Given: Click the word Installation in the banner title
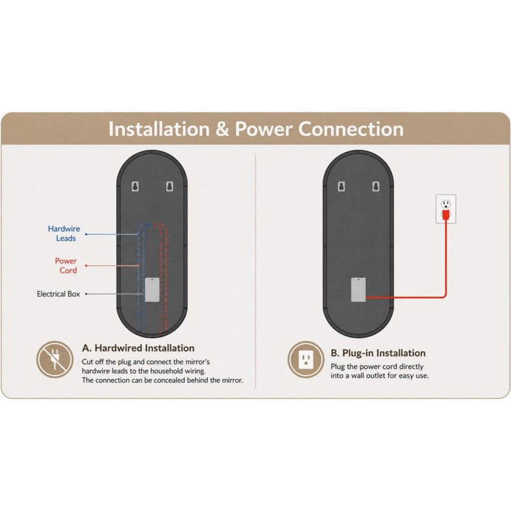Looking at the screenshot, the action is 159,129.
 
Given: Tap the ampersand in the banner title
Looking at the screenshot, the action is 222,129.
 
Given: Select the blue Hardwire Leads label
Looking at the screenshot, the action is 64,233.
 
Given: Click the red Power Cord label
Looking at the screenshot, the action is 66,265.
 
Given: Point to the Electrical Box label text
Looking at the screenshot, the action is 58,294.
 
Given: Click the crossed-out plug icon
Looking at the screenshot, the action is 54,360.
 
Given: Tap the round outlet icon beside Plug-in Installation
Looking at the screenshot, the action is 306,360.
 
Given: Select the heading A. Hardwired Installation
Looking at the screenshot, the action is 138,348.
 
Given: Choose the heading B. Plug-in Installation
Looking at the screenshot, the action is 378,353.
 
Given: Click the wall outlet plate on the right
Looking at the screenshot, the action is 446,209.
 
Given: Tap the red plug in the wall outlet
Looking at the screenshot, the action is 446,215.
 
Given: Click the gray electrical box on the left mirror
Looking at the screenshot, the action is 152,290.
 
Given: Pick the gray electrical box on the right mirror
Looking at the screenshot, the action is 358,290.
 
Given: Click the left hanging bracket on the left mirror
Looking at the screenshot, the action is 135,187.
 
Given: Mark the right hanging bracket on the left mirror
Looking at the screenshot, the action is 169,187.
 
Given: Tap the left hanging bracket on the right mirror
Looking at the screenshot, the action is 341,187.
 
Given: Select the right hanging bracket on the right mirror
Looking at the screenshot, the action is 376,187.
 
